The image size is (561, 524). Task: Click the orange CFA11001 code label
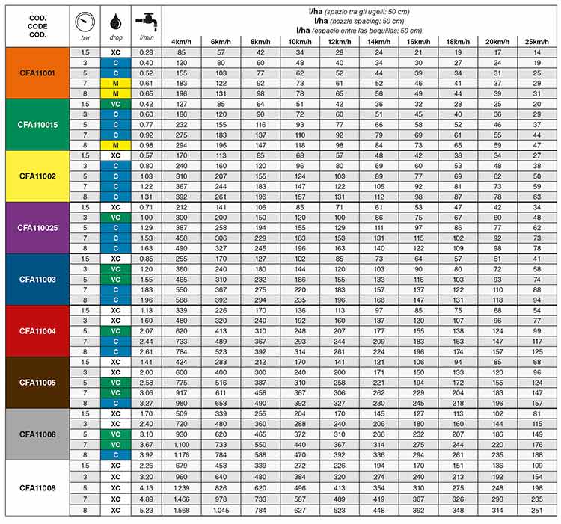tap(37, 73)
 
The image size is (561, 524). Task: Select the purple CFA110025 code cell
tap(37, 227)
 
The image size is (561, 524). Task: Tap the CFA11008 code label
tap(37, 487)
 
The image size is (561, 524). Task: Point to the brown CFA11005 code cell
tap(37, 381)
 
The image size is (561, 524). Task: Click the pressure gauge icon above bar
tap(84, 21)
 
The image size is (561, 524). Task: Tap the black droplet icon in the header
tap(114, 21)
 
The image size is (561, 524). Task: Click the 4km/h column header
tap(181, 40)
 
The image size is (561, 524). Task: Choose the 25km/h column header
tap(536, 40)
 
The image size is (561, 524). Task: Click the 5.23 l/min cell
tap(146, 511)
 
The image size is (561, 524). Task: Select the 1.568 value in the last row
tap(182, 511)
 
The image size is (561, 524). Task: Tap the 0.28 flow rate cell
tap(146, 52)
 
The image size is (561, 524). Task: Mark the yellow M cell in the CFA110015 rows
tap(114, 144)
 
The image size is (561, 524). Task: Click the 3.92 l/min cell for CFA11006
tap(146, 454)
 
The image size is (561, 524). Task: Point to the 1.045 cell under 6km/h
tap(220, 511)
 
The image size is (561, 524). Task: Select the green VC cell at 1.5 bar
tap(114, 104)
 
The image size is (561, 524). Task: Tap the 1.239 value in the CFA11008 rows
tap(182, 487)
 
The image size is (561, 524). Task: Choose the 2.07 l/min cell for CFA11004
tap(146, 330)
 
